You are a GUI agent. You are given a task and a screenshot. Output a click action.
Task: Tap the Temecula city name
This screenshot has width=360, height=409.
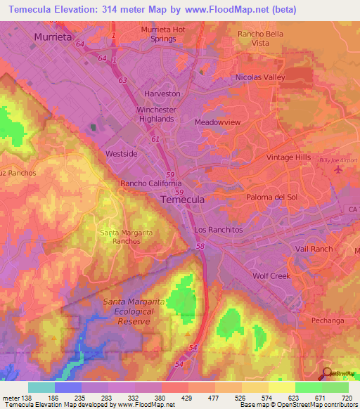pyautogui.click(x=183, y=200)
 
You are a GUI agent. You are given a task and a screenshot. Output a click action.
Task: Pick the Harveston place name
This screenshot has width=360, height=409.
pyautogui.click(x=162, y=93)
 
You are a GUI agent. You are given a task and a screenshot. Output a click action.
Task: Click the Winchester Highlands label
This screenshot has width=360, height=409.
pyautogui.click(x=164, y=114)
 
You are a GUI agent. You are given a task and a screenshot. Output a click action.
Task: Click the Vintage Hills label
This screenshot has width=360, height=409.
pyautogui.click(x=288, y=157)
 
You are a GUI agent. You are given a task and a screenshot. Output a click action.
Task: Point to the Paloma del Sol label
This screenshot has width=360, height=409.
pyautogui.click(x=271, y=197)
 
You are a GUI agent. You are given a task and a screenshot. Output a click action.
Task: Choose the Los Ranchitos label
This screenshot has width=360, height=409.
pyautogui.click(x=218, y=230)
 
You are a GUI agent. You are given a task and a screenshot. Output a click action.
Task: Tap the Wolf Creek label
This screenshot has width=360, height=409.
pyautogui.click(x=271, y=276)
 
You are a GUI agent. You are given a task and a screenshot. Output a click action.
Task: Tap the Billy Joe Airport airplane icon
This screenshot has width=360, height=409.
pyautogui.click(x=339, y=169)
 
